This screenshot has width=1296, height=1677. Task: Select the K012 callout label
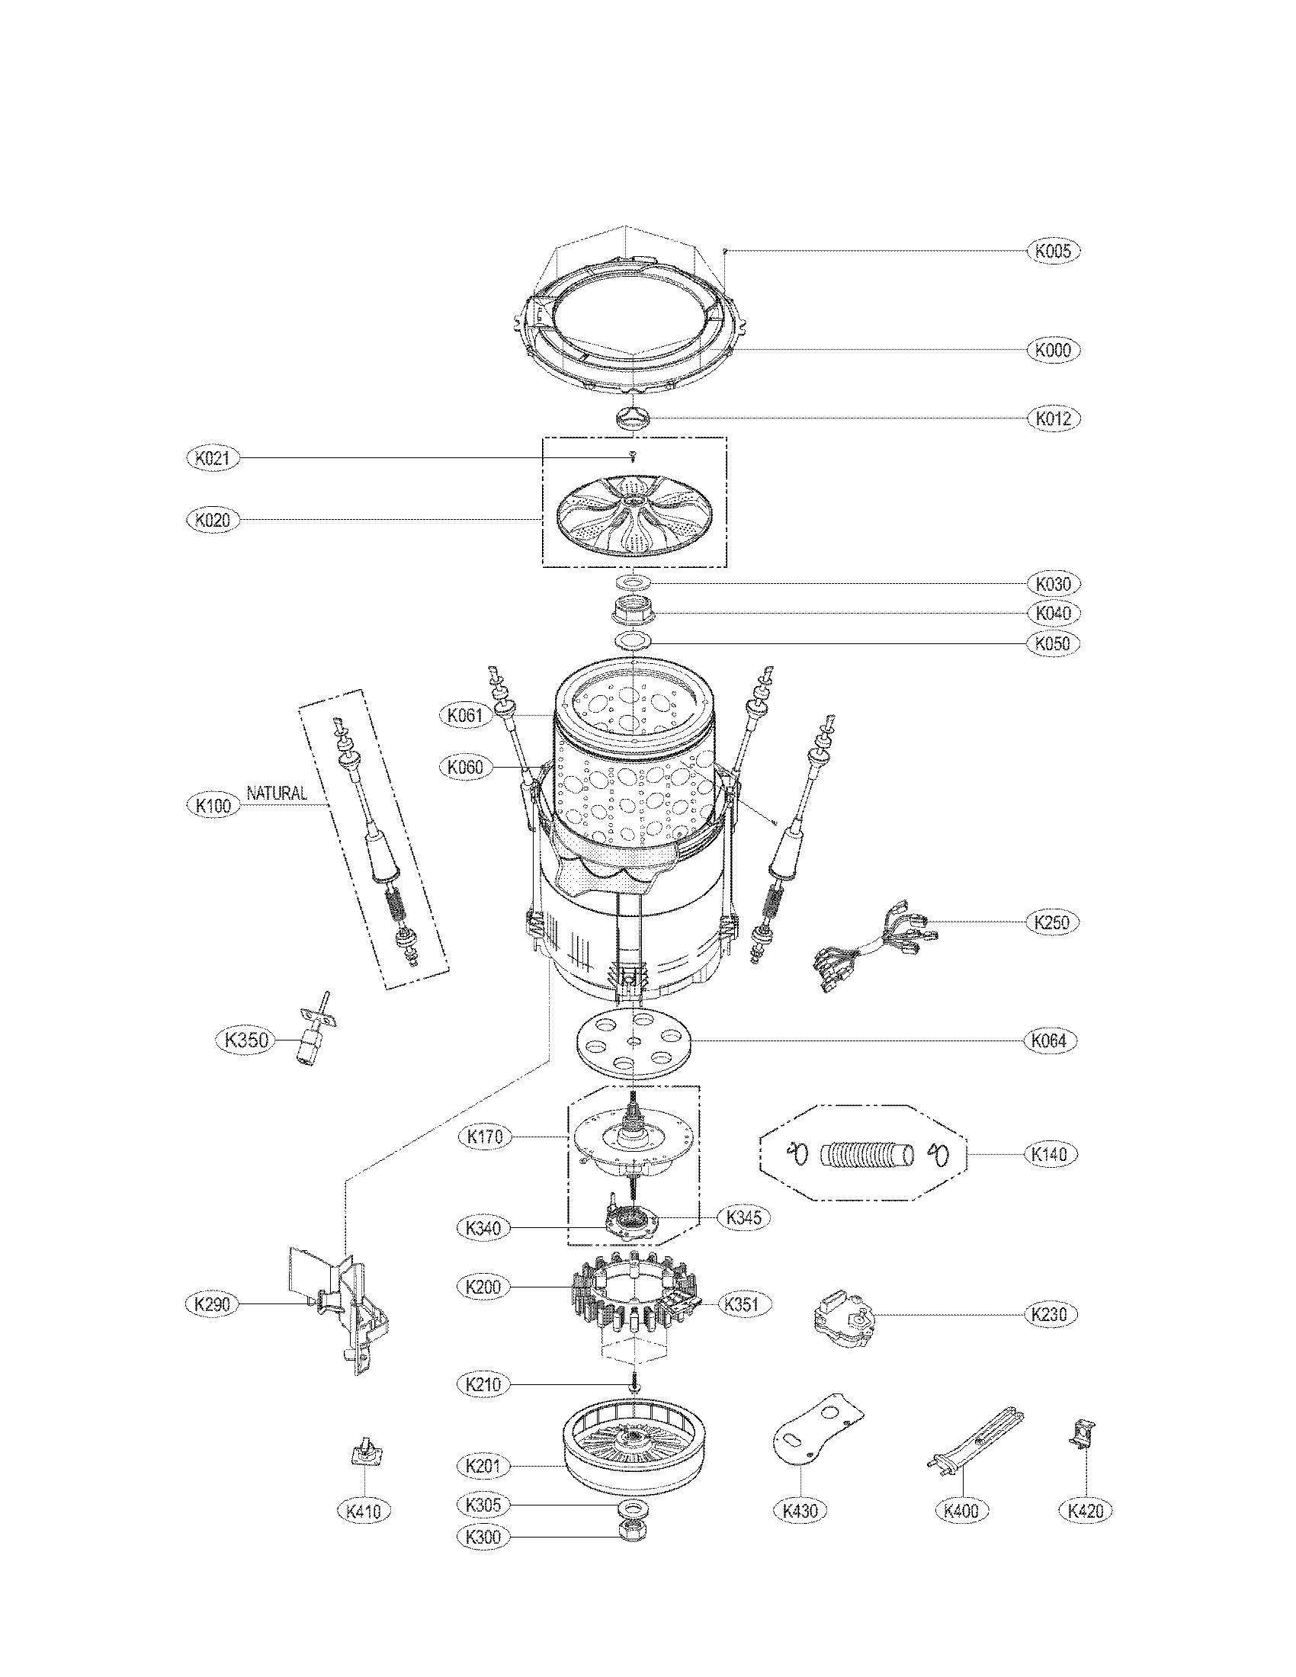point(1053,418)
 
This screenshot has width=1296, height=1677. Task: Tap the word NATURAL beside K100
point(277,794)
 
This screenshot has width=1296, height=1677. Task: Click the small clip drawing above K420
point(1083,1435)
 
